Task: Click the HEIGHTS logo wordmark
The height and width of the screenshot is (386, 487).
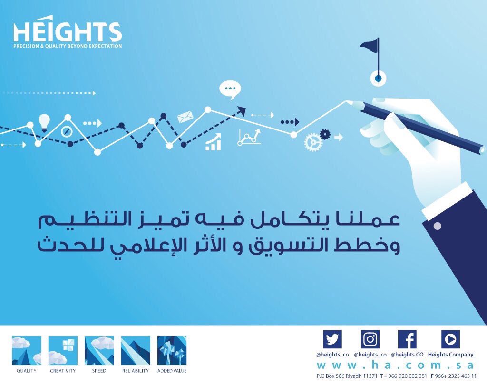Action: click(x=67, y=31)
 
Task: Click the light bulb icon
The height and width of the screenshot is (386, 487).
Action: click(x=44, y=121)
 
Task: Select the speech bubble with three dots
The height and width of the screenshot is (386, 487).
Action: click(x=230, y=89)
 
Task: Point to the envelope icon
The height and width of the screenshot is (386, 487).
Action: click(x=184, y=117)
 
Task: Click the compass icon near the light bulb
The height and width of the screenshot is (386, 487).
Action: click(x=66, y=131)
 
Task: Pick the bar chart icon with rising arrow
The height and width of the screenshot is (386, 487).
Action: click(x=214, y=142)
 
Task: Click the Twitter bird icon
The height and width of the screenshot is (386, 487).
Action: click(x=332, y=339)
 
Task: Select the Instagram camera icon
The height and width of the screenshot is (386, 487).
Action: click(x=370, y=339)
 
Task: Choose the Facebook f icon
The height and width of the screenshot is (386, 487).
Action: click(x=407, y=339)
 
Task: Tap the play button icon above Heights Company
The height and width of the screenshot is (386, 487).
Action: click(x=450, y=339)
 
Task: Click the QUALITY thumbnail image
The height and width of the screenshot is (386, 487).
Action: click(x=27, y=350)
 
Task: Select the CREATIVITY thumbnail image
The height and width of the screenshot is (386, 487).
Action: click(x=63, y=350)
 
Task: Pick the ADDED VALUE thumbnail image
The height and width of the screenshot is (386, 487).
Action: click(x=172, y=350)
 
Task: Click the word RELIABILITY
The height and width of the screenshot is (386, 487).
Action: click(x=136, y=371)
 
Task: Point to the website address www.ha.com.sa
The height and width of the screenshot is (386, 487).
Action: click(x=395, y=365)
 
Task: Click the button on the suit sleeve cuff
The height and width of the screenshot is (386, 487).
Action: click(x=437, y=226)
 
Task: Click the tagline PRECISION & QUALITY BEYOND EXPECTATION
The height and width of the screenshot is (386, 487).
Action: click(x=68, y=46)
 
